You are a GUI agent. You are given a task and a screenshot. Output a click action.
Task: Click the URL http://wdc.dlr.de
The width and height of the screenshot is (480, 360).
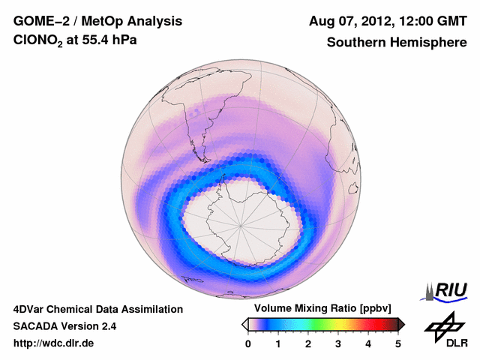[54, 343]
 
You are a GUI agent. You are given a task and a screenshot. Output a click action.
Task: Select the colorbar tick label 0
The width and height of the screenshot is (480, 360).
[248, 343]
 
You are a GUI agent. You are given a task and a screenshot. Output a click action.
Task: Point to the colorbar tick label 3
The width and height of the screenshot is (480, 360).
[338, 343]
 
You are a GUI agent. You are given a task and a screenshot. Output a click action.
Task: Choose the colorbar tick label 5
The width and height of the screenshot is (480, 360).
[398, 343]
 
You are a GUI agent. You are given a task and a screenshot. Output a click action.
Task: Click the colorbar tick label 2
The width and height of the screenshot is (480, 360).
[308, 343]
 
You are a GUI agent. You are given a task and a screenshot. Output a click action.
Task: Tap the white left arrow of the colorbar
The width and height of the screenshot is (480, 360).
[244, 324]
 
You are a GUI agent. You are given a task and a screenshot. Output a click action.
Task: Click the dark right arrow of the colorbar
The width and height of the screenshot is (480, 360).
[401, 324]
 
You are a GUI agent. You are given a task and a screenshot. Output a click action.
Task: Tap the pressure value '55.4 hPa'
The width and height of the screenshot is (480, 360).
[112, 42]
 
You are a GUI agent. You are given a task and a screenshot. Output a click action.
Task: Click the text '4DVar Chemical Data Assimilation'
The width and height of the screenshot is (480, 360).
[97, 309]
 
